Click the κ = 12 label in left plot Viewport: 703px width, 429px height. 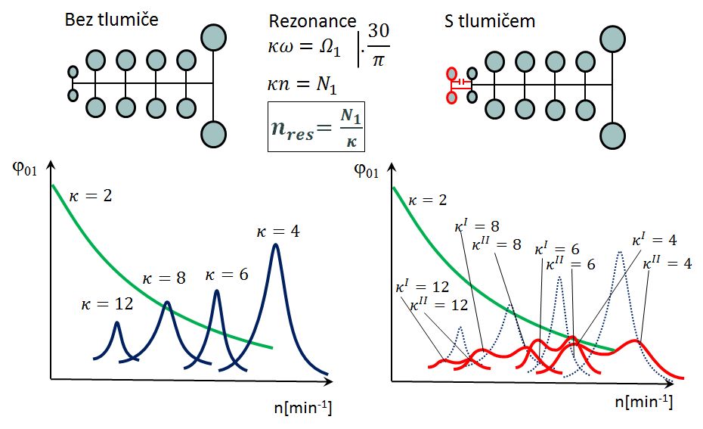click(x=106, y=304)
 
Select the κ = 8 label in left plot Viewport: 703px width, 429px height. click(x=164, y=278)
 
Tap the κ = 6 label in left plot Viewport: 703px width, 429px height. click(x=227, y=275)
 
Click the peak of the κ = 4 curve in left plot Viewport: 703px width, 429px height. click(x=276, y=244)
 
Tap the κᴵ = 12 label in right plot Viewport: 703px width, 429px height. click(x=422, y=288)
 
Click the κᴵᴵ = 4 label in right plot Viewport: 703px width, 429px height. click(x=667, y=264)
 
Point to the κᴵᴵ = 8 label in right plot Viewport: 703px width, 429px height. click(x=497, y=244)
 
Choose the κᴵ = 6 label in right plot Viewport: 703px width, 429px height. click(x=557, y=248)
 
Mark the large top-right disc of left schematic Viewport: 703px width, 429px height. click(x=214, y=36)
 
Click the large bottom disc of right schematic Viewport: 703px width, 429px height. click(x=612, y=135)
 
